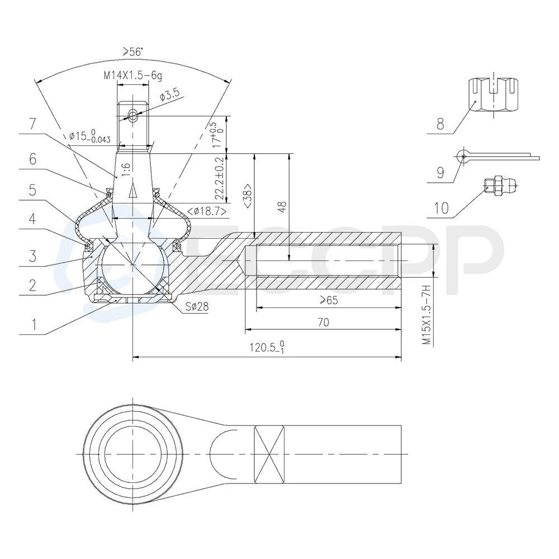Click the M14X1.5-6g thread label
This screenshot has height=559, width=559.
(x=133, y=75)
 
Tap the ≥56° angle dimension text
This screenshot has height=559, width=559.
(x=132, y=51)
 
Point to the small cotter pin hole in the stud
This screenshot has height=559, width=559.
(x=133, y=115)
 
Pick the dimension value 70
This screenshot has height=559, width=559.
(x=323, y=323)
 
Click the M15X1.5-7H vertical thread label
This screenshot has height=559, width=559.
(x=427, y=314)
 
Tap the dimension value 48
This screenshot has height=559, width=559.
(x=282, y=207)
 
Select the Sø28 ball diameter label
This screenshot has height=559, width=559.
(x=196, y=306)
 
